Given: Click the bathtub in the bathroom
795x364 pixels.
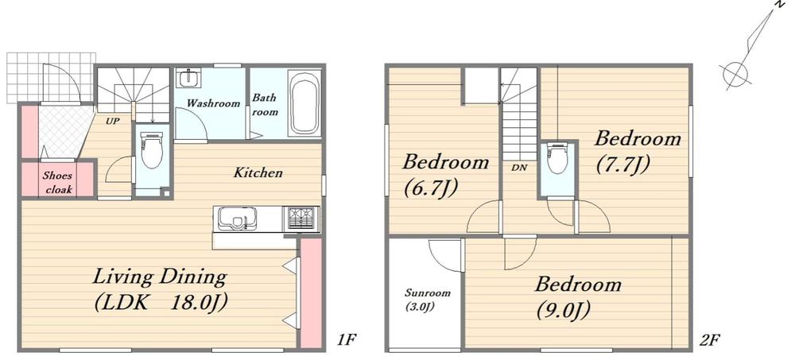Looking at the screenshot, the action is coord(304,103).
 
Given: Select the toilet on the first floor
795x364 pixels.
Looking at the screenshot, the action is coord(152,150).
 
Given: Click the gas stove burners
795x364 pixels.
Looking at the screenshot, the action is coord(303,219).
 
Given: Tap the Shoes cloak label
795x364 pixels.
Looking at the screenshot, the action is coord(58,183).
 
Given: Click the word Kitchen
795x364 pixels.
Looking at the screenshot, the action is coord(258,173).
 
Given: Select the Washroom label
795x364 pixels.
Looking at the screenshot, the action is coord(213,103).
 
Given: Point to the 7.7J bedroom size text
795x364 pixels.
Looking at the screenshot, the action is coord(622,165).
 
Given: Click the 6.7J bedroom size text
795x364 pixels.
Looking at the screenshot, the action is coord(431,188).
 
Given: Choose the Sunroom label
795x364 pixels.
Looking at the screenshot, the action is coord(428,293).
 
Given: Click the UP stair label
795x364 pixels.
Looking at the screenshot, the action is coord(113,122).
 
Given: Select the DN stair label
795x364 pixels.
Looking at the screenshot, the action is coord(519,168).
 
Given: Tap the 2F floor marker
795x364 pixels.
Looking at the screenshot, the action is coord(710,339).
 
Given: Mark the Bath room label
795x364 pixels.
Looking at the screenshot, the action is coord(266,104).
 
